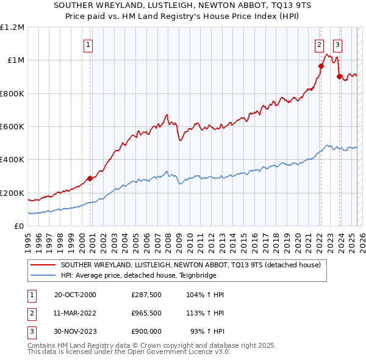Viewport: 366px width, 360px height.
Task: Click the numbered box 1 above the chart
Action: (x=88, y=44)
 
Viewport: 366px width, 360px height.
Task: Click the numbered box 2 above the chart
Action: (x=319, y=44)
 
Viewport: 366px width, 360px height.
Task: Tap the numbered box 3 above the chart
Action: (x=337, y=44)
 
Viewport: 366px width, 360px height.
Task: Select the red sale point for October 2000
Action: (x=90, y=178)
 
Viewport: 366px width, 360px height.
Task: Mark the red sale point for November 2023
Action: (x=339, y=77)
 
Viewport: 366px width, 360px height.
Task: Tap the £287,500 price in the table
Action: (x=146, y=295)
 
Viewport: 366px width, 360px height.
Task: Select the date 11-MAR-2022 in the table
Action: (x=75, y=313)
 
